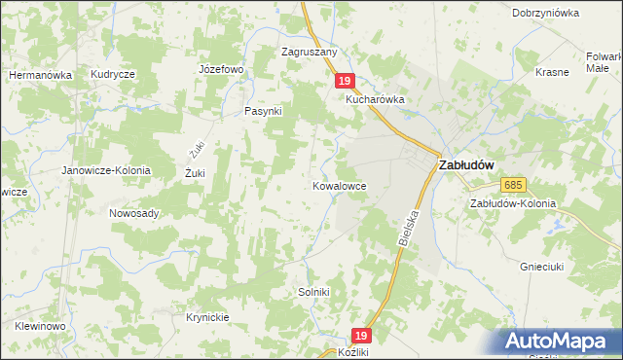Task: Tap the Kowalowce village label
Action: [x=340, y=184]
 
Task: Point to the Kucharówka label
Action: [x=374, y=99]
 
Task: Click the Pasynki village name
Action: [x=263, y=111]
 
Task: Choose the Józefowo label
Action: [x=220, y=70]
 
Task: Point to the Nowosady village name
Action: [x=134, y=213]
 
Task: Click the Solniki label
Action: [x=314, y=292]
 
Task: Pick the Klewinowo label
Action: [x=40, y=326]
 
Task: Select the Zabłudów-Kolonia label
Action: [x=512, y=204]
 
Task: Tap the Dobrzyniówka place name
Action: [x=545, y=14]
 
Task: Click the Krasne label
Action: [x=552, y=73]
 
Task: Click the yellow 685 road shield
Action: [x=514, y=185]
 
